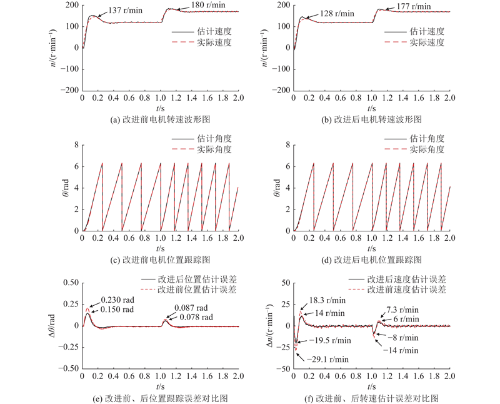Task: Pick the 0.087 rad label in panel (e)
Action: tap(191, 308)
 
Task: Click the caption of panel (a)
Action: tap(161, 118)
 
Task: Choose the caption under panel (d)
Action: tap(371, 259)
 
